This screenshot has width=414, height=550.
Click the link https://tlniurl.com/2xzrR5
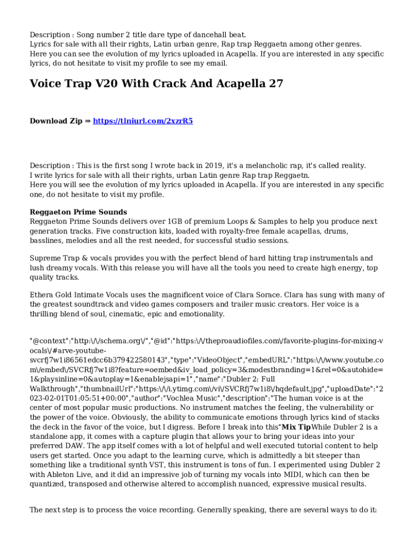[x=142, y=121]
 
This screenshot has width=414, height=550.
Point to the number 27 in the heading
[x=276, y=84]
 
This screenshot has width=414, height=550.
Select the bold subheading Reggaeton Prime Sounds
[x=78, y=212]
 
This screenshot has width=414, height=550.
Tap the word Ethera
[x=42, y=295]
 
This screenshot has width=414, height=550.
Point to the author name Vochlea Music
[x=186, y=398]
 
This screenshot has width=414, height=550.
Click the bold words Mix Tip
[x=297, y=427]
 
